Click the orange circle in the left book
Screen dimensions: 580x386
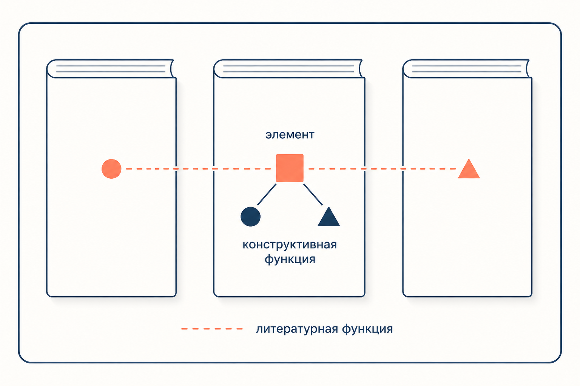[111, 169]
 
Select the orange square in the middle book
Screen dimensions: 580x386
[290, 168]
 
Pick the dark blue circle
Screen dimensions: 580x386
[250, 217]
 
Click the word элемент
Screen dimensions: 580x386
[290, 135]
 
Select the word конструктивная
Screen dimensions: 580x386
[290, 245]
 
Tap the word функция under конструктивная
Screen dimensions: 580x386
[290, 259]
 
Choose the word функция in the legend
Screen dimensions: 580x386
[367, 329]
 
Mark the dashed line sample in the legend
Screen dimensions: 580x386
[212, 329]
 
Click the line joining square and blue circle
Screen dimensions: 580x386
[267, 195]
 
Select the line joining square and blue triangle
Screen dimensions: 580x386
[313, 195]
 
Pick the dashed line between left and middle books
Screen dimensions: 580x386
[199, 169]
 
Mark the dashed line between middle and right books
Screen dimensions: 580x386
[382, 169]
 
